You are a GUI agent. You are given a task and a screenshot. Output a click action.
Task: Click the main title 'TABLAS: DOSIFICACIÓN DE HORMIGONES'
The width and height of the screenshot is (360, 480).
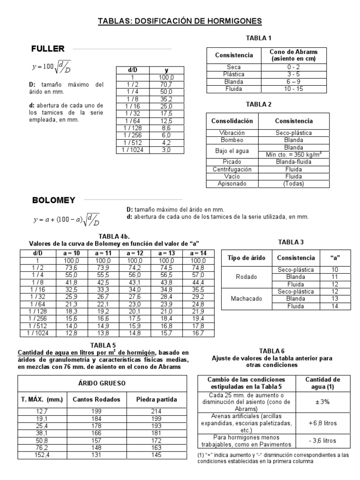tap(180, 21)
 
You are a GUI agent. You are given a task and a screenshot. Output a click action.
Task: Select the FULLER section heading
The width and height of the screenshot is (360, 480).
tap(48, 49)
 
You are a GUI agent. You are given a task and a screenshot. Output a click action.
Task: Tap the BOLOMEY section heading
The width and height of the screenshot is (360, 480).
tap(53, 200)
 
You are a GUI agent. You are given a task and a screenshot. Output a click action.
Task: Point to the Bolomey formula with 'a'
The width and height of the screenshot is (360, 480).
tap(66, 219)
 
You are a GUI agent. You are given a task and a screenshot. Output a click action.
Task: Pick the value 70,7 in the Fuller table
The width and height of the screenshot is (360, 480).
tap(166, 84)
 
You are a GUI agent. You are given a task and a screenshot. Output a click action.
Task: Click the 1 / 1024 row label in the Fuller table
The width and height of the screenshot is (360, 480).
tap(132, 150)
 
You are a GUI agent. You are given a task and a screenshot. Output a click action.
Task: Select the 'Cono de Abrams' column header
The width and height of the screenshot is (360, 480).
tap(293, 55)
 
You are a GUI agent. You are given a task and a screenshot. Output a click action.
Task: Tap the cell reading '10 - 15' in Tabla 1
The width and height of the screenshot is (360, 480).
tap(293, 88)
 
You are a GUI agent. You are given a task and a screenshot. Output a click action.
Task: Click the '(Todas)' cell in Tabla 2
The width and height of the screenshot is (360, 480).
tap(294, 184)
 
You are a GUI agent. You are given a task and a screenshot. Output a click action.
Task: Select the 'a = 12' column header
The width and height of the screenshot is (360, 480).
tap(134, 253)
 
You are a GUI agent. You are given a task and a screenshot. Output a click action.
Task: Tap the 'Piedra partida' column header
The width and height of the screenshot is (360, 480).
tap(157, 400)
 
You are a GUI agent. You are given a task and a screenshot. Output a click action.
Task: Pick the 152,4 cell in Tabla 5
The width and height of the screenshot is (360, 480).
tap(42, 455)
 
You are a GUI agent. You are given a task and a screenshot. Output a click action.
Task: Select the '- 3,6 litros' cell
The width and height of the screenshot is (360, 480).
tap(323, 441)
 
